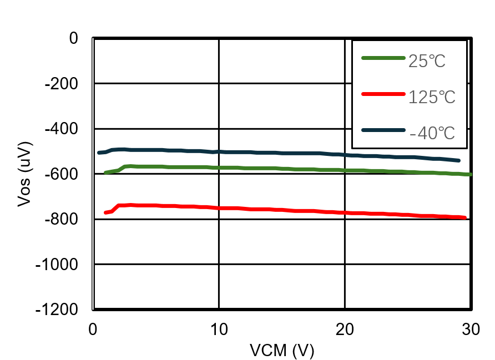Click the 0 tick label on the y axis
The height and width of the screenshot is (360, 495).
[73, 38]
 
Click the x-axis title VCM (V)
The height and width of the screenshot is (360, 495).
[281, 351]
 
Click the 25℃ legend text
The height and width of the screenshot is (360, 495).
[427, 60]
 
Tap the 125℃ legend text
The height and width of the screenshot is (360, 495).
[432, 97]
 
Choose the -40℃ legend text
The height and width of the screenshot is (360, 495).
[432, 133]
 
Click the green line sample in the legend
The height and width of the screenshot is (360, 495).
[383, 58]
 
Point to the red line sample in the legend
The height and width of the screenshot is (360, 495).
[383, 94]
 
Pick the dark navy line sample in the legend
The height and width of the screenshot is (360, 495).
[383, 130]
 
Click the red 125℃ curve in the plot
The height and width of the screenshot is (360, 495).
[277, 210]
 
